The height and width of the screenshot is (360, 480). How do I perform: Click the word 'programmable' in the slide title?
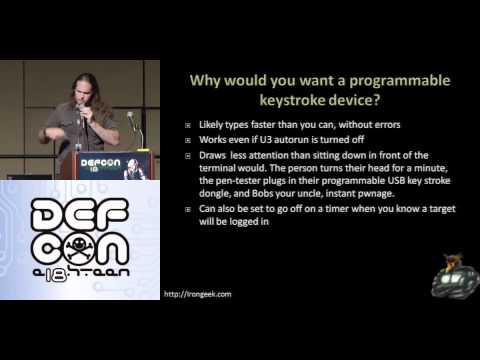pos(400,82)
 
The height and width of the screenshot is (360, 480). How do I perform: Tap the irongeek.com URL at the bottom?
pos(198,294)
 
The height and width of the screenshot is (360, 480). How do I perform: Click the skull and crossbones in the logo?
pos(78,247)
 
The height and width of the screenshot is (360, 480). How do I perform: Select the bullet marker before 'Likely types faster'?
pos(188,125)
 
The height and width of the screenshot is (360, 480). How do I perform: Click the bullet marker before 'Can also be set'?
pos(188,209)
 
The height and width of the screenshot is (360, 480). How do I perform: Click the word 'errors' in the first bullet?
pos(387,125)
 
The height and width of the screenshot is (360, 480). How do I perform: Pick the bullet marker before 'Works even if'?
pos(188,140)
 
